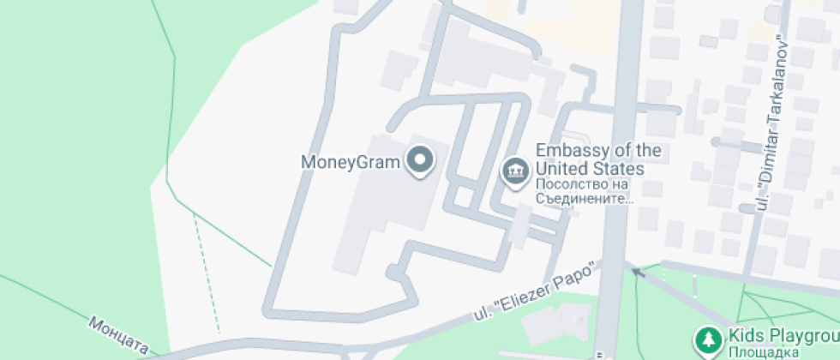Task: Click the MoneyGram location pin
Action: (x=420, y=161)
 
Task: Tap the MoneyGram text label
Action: (x=351, y=161)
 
